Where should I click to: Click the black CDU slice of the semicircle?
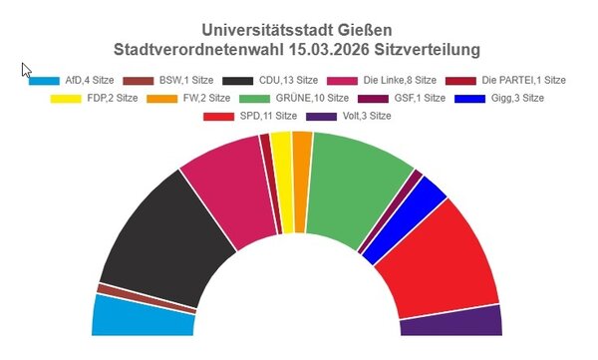[x=159, y=235]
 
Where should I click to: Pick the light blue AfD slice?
[x=140, y=316]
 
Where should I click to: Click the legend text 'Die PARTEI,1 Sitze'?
[x=523, y=80]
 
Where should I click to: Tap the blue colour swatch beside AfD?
[x=45, y=81]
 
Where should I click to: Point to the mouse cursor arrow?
[x=26, y=70]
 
